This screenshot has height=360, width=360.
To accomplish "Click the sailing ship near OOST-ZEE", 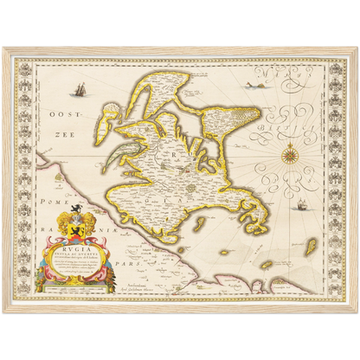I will pyautogui.click(x=80, y=89).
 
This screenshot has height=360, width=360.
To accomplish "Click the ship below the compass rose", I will pyautogui.click(x=303, y=205).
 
